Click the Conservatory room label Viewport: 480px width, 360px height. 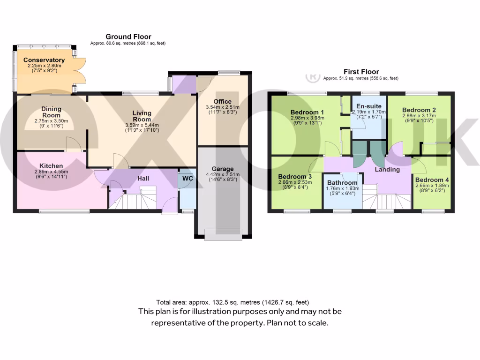[44, 60]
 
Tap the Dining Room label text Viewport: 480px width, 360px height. [51, 112]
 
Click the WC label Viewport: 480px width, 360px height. [187, 179]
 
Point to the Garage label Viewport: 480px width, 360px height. [222, 169]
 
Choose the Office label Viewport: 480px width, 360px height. [222, 102]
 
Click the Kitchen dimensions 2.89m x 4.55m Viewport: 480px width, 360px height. [51, 172]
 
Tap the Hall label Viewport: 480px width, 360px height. [143, 179]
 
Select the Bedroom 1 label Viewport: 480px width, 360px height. [307, 112]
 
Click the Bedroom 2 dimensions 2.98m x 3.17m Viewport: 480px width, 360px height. [419, 116]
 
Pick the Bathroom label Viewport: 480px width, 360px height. [342, 182]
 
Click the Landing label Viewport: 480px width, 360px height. [387, 169]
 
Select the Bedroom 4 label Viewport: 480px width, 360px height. [432, 180]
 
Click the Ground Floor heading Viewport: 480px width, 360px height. [128, 37]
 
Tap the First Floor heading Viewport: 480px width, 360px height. [361, 72]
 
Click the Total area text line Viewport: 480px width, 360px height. [232, 302]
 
